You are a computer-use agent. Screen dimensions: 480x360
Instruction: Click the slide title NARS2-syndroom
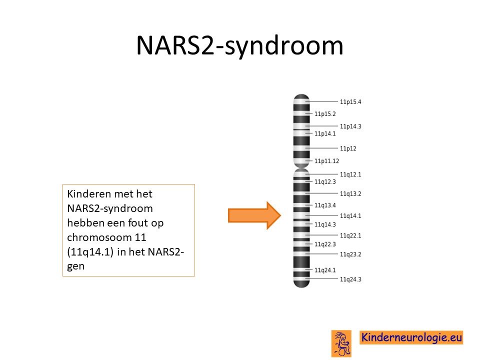coord(239,46)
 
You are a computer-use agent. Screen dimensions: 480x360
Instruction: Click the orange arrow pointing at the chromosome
coord(254,215)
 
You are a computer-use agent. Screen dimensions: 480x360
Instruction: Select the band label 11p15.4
coord(350,101)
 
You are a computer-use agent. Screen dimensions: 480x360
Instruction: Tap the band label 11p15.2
coord(325,114)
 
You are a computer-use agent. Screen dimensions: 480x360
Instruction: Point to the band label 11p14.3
coord(350,126)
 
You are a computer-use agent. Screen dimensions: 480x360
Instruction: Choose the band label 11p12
coord(348,148)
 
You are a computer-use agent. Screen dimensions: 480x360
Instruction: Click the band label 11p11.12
coord(326,161)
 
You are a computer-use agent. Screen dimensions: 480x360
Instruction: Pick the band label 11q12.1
coord(350,174)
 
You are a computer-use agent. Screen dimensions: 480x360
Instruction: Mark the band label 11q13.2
coord(350,194)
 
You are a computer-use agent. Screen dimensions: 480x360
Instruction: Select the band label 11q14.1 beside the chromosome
coord(350,216)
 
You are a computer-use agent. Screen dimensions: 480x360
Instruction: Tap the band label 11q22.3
coord(325,244)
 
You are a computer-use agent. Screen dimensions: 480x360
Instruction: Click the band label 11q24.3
coord(350,279)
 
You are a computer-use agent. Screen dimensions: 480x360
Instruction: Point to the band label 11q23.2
coord(350,254)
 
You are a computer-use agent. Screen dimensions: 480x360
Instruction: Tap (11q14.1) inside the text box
coord(90,252)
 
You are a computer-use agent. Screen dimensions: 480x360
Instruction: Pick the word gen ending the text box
coord(75,266)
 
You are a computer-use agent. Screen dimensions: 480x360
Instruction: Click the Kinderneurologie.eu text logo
coord(411,337)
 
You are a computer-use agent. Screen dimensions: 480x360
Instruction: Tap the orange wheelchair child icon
coord(341,343)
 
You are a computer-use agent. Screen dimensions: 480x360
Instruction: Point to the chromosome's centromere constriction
coord(301,168)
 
